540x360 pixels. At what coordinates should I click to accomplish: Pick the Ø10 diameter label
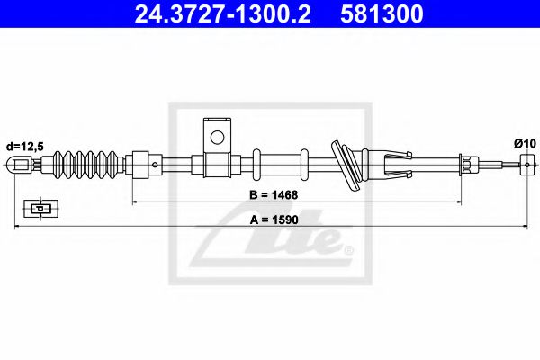coord(525,144)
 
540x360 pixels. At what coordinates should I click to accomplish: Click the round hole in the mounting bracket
coord(216,138)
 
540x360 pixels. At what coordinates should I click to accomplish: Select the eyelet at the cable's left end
coord(20,165)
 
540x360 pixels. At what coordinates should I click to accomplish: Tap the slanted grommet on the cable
coord(347,163)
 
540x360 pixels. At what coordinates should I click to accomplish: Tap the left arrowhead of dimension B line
coord(136,202)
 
